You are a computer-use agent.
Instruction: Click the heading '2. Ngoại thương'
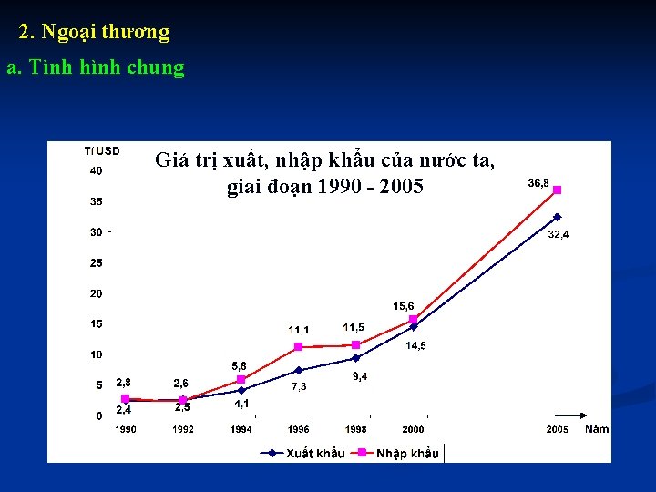point(94,32)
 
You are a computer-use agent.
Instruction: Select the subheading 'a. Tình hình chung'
point(95,67)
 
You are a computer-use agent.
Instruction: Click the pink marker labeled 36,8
point(557,190)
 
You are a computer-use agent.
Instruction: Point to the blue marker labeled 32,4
point(557,217)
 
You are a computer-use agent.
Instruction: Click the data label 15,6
point(404,305)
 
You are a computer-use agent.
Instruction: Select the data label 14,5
point(415,345)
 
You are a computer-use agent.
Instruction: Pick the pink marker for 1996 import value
point(298,347)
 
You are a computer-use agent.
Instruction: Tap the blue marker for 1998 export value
point(355,358)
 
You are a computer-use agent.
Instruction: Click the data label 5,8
point(239,364)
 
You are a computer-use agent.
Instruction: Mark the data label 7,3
point(299,386)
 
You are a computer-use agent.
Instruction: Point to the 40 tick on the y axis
point(96,171)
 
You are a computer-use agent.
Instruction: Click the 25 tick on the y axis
point(96,263)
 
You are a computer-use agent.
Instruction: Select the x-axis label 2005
point(557,429)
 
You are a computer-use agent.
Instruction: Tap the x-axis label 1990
point(126,429)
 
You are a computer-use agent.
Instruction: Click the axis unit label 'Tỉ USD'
point(101,150)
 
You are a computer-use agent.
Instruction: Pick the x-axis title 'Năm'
point(597,429)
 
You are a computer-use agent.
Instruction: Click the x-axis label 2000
point(413,429)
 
